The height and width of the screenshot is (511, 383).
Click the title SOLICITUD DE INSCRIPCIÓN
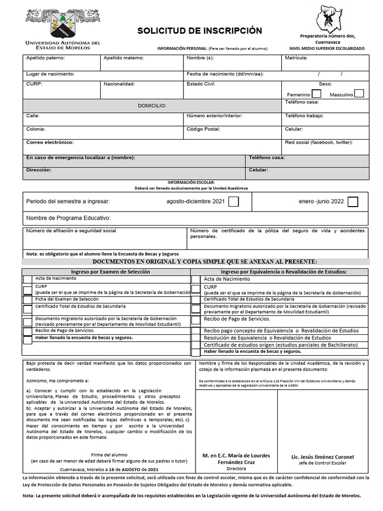(x=199, y=31)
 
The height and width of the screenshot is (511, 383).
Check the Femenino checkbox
(x=316, y=94)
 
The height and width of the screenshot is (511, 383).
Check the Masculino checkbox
(x=359, y=93)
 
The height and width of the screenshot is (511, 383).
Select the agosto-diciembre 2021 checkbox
(x=233, y=202)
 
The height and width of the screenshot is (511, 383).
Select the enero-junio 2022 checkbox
(x=353, y=202)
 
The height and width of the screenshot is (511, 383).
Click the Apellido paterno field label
(x=45, y=58)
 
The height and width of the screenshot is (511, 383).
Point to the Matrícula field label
(x=296, y=58)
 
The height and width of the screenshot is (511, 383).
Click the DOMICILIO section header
(x=152, y=106)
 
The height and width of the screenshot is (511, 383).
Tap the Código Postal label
(x=203, y=129)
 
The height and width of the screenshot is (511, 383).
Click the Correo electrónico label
(x=50, y=143)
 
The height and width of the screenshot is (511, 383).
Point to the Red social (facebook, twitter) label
(x=319, y=143)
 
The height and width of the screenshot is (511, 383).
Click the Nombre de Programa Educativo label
(x=68, y=218)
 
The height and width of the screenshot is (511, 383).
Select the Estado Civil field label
(x=201, y=84)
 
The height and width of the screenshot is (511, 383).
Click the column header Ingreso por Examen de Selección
(x=107, y=271)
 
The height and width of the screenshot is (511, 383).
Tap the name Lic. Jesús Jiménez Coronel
(x=323, y=457)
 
